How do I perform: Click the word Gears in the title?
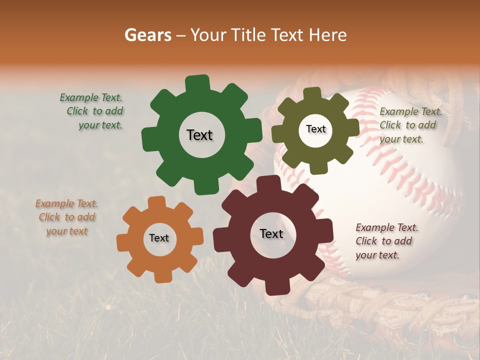147,35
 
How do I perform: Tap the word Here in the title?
327,35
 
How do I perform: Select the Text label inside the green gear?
199,135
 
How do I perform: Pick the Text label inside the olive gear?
315,129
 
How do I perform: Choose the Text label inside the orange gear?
159,238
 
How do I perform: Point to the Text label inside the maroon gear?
271,233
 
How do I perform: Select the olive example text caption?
410,125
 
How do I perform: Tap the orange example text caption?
66,217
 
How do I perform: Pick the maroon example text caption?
386,241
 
